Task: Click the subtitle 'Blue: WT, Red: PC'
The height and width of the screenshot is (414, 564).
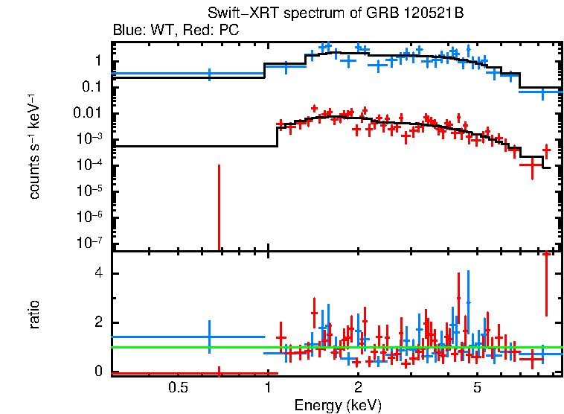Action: [x=175, y=31]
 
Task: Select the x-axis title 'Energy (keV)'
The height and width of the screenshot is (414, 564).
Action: [x=337, y=405]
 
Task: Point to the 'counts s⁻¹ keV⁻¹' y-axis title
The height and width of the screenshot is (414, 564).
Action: [x=35, y=146]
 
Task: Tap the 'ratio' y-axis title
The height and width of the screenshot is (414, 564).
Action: [x=35, y=315]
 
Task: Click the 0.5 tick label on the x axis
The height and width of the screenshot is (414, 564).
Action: [x=177, y=387]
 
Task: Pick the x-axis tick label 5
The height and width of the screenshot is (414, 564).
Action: [x=477, y=387]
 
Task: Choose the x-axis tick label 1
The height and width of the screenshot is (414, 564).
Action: [x=267, y=387]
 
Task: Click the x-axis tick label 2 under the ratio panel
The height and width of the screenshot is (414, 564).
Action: [x=358, y=387]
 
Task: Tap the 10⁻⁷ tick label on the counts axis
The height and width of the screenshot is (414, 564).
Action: [x=90, y=243]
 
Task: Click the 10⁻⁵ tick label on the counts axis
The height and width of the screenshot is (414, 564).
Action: [x=90, y=191]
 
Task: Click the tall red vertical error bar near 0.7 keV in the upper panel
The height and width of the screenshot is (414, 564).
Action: [x=219, y=208]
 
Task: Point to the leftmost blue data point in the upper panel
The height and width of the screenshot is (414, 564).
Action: [x=209, y=74]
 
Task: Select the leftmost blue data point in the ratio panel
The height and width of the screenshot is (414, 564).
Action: [x=209, y=337]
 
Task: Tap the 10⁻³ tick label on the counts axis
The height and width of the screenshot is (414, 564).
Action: [x=90, y=139]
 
